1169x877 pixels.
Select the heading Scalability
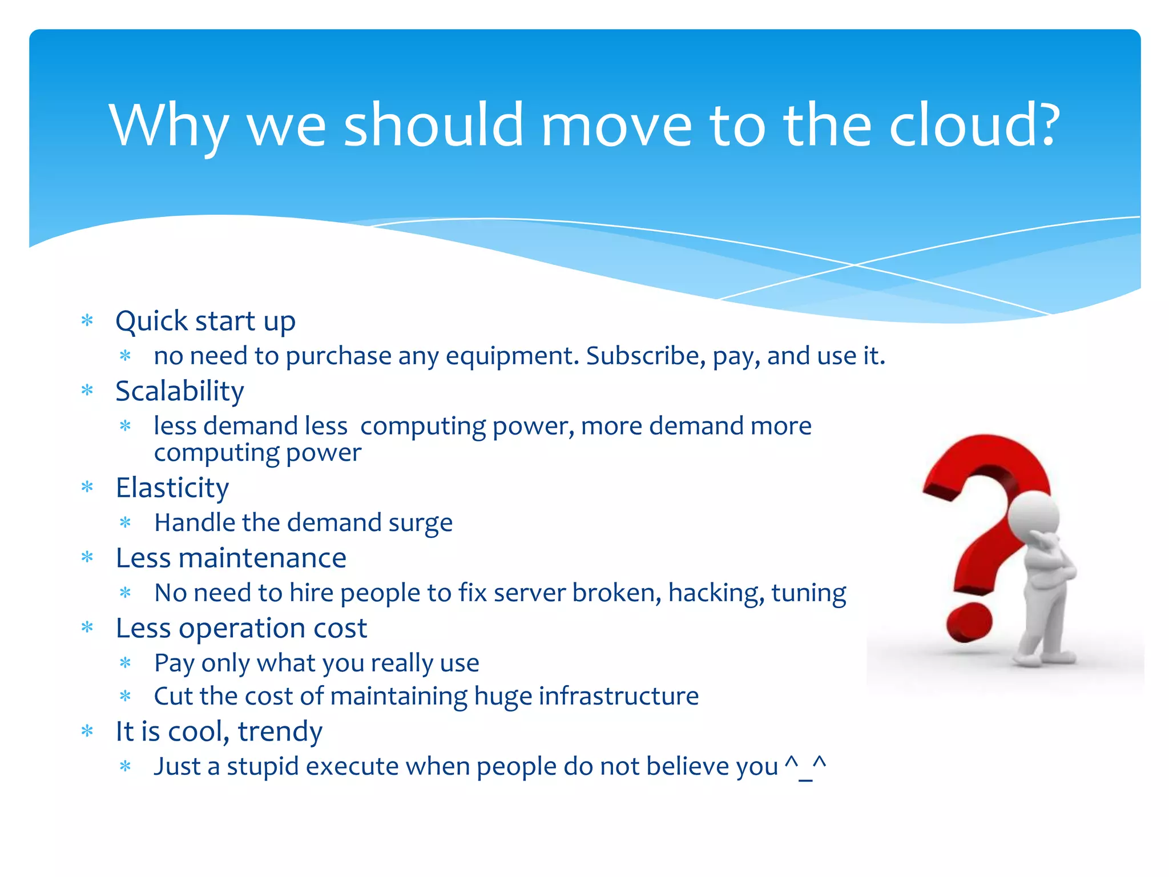pyautogui.click(x=180, y=392)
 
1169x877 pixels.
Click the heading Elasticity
pyautogui.click(x=172, y=488)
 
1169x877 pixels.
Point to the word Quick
pyautogui.click(x=151, y=321)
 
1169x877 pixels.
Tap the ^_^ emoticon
pyautogui.click(x=805, y=766)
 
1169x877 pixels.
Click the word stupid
pyautogui.click(x=263, y=767)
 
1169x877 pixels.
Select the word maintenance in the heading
pyautogui.click(x=262, y=558)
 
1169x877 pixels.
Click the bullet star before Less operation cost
pyautogui.click(x=87, y=628)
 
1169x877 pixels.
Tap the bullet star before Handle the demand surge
pyautogui.click(x=126, y=523)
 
